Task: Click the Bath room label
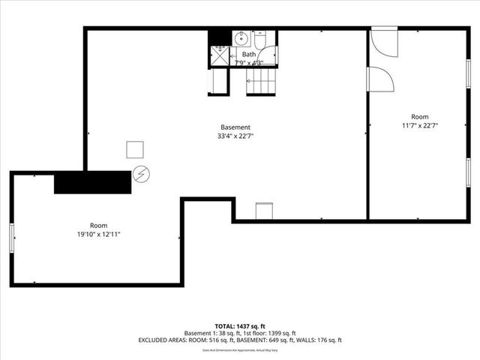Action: pyautogui.click(x=248, y=55)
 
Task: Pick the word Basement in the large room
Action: pyautogui.click(x=235, y=127)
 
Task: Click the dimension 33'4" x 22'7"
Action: pyautogui.click(x=235, y=136)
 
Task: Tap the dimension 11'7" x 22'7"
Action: pyautogui.click(x=419, y=126)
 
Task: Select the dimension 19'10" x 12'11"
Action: pyautogui.click(x=99, y=235)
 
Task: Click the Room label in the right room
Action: pyautogui.click(x=419, y=117)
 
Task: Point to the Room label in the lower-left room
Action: pyautogui.click(x=99, y=226)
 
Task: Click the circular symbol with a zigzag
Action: pyautogui.click(x=141, y=175)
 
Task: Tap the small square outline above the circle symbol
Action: pyautogui.click(x=136, y=150)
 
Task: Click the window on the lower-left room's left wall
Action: pyautogui.click(x=12, y=238)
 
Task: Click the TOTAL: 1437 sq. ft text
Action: pyautogui.click(x=240, y=325)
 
